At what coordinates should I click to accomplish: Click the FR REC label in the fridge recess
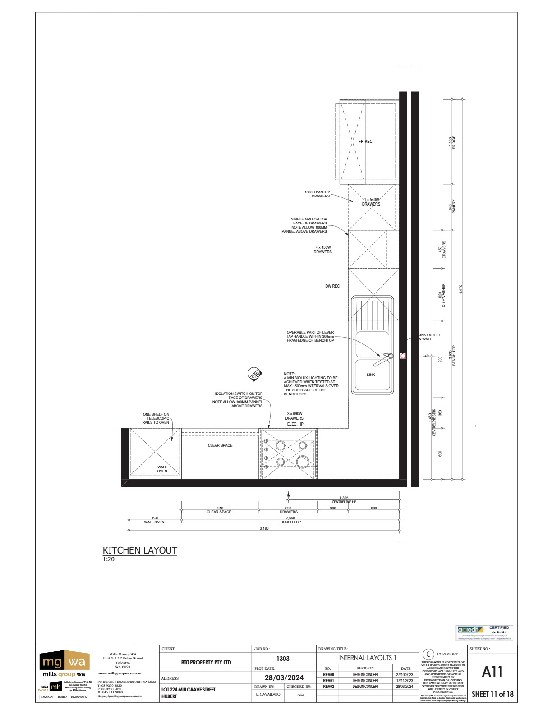[x=365, y=142]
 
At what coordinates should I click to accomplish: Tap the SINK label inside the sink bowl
[x=371, y=375]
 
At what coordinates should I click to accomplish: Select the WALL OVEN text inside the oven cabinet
[x=162, y=469]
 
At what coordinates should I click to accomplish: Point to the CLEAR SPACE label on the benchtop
[x=220, y=445]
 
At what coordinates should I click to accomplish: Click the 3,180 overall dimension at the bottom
[x=264, y=528]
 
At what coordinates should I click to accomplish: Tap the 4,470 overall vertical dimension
[x=460, y=289]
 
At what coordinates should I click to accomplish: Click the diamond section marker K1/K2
[x=255, y=375]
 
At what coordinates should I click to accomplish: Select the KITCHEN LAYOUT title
[x=140, y=550]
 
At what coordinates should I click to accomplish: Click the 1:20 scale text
[x=109, y=559]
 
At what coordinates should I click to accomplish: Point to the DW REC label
[x=332, y=286]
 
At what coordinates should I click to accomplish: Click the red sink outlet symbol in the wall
[x=403, y=356]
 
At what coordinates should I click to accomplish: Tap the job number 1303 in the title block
[x=283, y=659]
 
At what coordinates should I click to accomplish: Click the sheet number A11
[x=492, y=672]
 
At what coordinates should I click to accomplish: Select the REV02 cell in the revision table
[x=328, y=687]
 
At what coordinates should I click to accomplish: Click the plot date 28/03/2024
[x=284, y=678]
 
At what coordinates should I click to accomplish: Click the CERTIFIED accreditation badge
[x=485, y=633]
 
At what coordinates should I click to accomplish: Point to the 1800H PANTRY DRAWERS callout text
[x=317, y=194]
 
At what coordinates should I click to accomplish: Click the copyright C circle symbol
[x=428, y=654]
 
